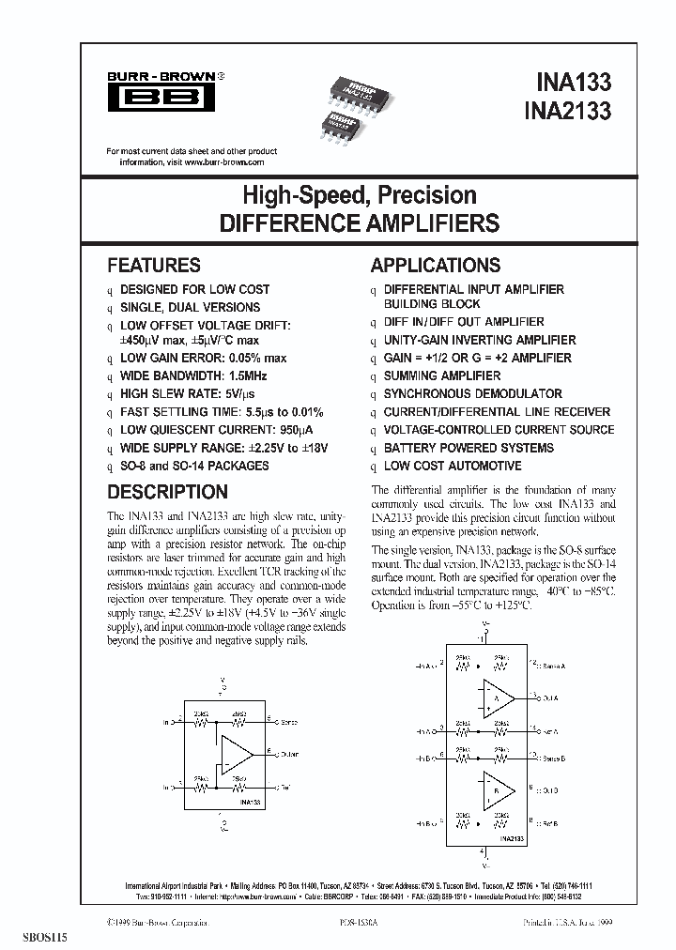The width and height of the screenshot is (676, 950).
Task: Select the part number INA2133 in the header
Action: pos(566,111)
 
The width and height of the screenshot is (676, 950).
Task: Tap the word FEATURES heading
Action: pos(154,266)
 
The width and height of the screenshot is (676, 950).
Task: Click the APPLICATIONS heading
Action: pos(436,266)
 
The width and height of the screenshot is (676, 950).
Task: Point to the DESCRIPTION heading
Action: pos(167,492)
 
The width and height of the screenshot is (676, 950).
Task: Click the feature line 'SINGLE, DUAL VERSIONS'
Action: pos(191,307)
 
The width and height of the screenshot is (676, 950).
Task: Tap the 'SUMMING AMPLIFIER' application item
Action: pos(442,375)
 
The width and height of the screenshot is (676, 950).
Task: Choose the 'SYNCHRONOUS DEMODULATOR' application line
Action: pos(473,394)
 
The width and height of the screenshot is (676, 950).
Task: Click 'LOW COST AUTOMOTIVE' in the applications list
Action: pos(453,466)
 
